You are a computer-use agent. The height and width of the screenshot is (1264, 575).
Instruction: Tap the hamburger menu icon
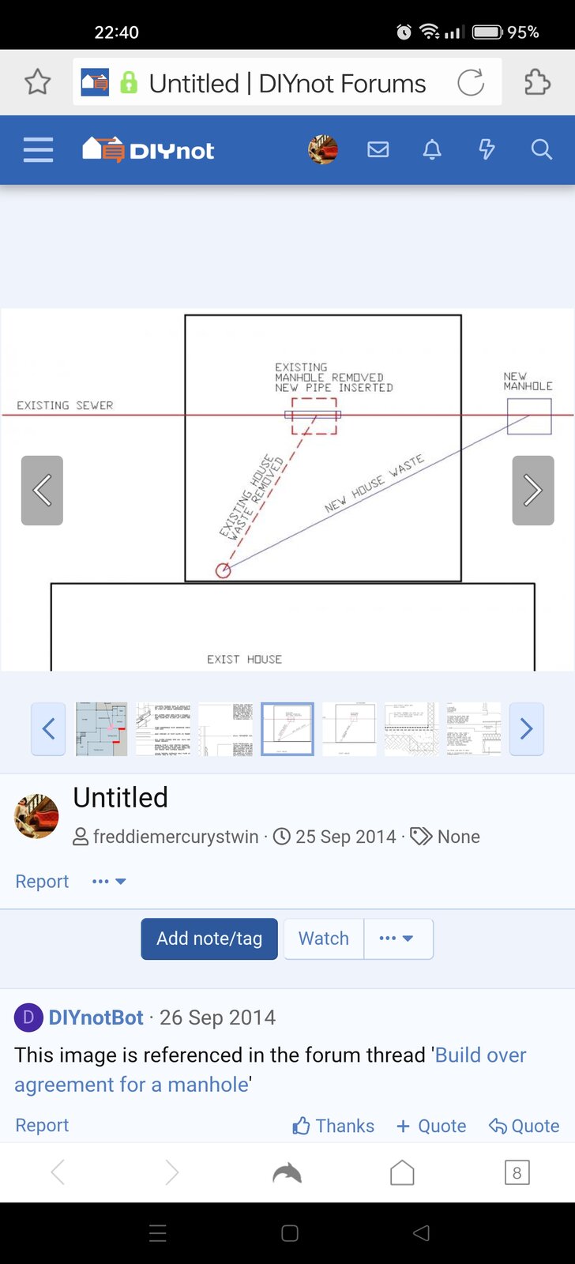point(38,149)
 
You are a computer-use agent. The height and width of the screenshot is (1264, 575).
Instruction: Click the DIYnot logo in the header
point(148,149)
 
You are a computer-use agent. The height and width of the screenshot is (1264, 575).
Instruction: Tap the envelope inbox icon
point(378,149)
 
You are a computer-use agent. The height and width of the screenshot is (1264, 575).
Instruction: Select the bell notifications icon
point(432,149)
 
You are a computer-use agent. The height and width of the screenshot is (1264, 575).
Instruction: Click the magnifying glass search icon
point(541,149)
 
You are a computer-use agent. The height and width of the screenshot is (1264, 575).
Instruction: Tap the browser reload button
point(471,82)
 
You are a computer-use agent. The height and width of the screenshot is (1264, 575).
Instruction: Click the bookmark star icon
point(38,82)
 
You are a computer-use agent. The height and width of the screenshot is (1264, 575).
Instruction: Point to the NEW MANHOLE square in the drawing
point(529,416)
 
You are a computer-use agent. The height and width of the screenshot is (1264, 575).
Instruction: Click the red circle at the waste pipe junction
point(224,570)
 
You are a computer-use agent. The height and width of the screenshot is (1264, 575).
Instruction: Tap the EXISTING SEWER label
point(65,405)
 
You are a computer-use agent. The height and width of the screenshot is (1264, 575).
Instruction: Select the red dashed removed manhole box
point(314,416)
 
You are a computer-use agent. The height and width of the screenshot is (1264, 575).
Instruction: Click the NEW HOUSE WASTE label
point(374,483)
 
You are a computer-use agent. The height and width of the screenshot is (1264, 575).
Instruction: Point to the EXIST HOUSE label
point(244,659)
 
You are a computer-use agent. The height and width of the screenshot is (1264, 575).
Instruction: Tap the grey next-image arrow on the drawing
point(533,491)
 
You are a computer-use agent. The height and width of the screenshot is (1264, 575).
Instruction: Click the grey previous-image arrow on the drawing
point(42,491)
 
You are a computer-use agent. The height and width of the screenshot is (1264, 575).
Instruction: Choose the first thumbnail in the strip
point(101,728)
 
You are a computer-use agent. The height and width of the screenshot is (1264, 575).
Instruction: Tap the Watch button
point(324,939)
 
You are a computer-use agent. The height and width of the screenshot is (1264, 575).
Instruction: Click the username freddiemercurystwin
point(175,837)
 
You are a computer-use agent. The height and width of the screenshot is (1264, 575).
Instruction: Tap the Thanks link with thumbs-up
point(333,1126)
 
